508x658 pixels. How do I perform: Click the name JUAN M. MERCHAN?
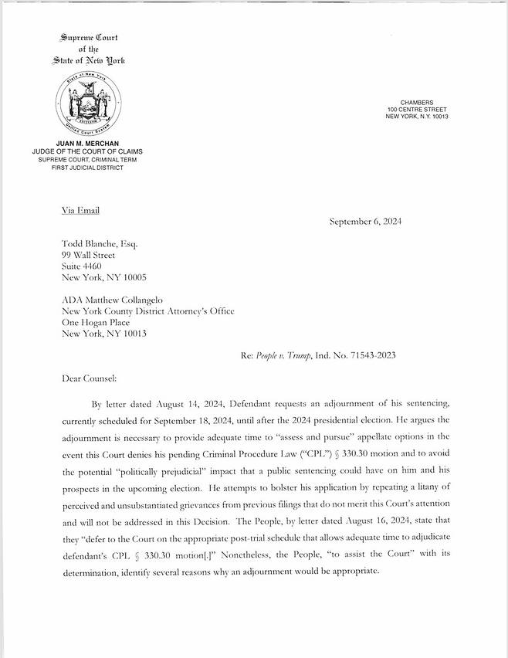87,144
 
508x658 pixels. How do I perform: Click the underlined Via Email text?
80,210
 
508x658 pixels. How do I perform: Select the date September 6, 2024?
365,222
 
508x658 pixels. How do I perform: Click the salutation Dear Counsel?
89,379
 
